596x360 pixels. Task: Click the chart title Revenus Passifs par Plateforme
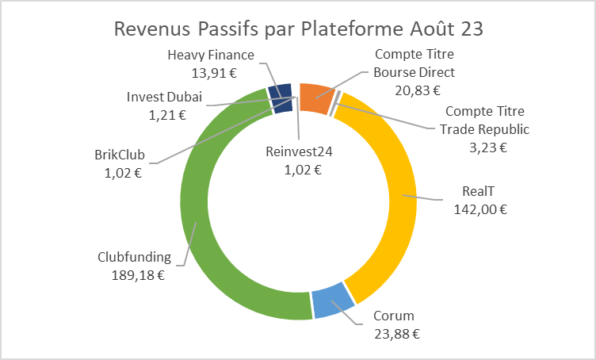pyautogui.click(x=298, y=29)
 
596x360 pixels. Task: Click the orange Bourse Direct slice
pyautogui.click(x=315, y=98)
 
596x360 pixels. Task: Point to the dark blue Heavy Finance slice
pyautogui.click(x=281, y=98)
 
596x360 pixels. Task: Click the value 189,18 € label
pyautogui.click(x=137, y=274)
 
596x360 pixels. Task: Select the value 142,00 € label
pyautogui.click(x=479, y=209)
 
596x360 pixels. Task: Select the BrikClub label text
pyautogui.click(x=116, y=153)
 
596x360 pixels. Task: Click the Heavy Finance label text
pyautogui.click(x=211, y=55)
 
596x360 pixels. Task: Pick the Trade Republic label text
pyautogui.click(x=485, y=128)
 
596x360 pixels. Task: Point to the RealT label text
pyautogui.click(x=480, y=191)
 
